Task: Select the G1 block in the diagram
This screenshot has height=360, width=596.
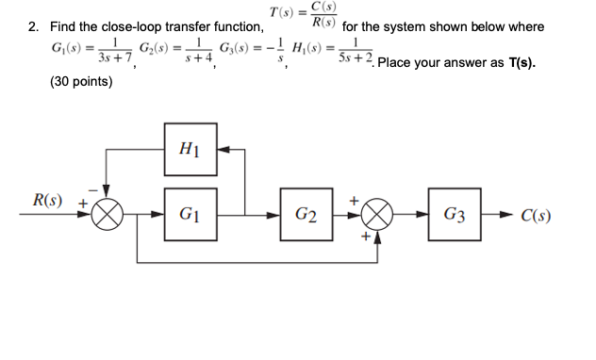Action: pos(189,216)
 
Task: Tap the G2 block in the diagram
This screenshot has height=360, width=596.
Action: pos(306,216)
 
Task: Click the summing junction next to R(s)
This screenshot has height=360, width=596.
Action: pos(108,216)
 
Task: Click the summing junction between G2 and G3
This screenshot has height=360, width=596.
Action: pos(379,216)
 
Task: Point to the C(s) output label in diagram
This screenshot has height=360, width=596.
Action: pos(536,216)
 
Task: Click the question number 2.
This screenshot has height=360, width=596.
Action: pos(31,26)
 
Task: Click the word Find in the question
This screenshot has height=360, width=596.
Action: pos(64,26)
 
